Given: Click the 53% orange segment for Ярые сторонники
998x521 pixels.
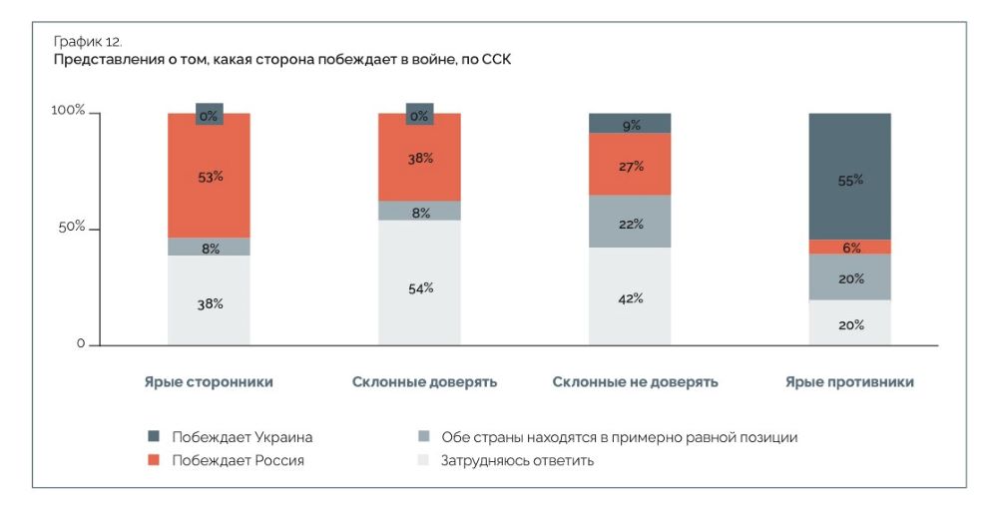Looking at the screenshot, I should click(209, 176).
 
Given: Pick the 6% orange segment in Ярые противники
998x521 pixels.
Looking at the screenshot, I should click(850, 248).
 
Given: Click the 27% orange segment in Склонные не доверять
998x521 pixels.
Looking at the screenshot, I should click(630, 165).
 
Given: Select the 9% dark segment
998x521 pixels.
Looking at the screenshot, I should click(630, 124).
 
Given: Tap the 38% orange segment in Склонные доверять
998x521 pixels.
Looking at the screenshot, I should click(419, 158).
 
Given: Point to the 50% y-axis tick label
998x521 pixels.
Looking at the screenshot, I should click(71, 228).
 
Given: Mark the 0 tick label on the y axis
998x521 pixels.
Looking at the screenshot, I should click(81, 344).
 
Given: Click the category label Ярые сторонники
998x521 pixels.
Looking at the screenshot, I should click(209, 382).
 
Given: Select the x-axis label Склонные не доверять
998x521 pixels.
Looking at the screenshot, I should click(635, 382).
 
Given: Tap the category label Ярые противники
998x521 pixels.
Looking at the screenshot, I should click(849, 382).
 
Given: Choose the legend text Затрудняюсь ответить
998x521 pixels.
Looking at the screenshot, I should click(517, 460).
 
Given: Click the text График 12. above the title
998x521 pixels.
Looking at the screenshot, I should click(87, 42).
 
